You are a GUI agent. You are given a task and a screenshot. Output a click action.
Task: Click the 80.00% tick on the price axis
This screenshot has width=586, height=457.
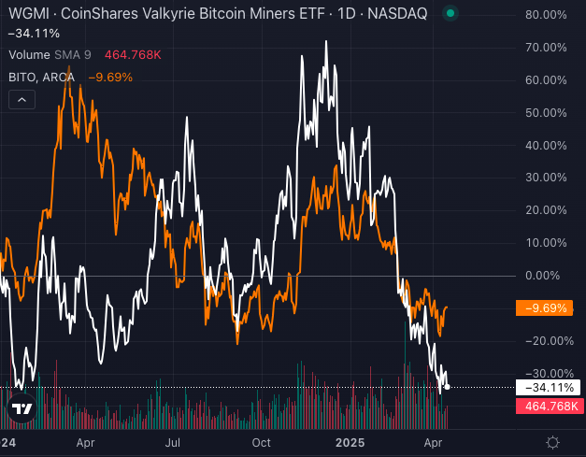pyautogui.click(x=547, y=16)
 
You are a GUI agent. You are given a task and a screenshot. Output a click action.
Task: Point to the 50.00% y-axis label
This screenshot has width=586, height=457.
pyautogui.click(x=547, y=113)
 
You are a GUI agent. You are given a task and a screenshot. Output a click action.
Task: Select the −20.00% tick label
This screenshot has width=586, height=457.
pyautogui.click(x=545, y=340)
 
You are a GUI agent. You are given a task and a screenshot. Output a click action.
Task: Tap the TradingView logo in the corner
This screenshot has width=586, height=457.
pyautogui.click(x=21, y=408)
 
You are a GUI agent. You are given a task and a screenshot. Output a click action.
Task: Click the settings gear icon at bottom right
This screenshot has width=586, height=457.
pyautogui.click(x=553, y=442)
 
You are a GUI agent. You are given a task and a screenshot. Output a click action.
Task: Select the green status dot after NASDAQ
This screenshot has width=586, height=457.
pyautogui.click(x=450, y=15)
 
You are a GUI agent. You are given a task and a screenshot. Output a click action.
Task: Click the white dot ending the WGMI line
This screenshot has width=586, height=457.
pyautogui.click(x=449, y=386)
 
